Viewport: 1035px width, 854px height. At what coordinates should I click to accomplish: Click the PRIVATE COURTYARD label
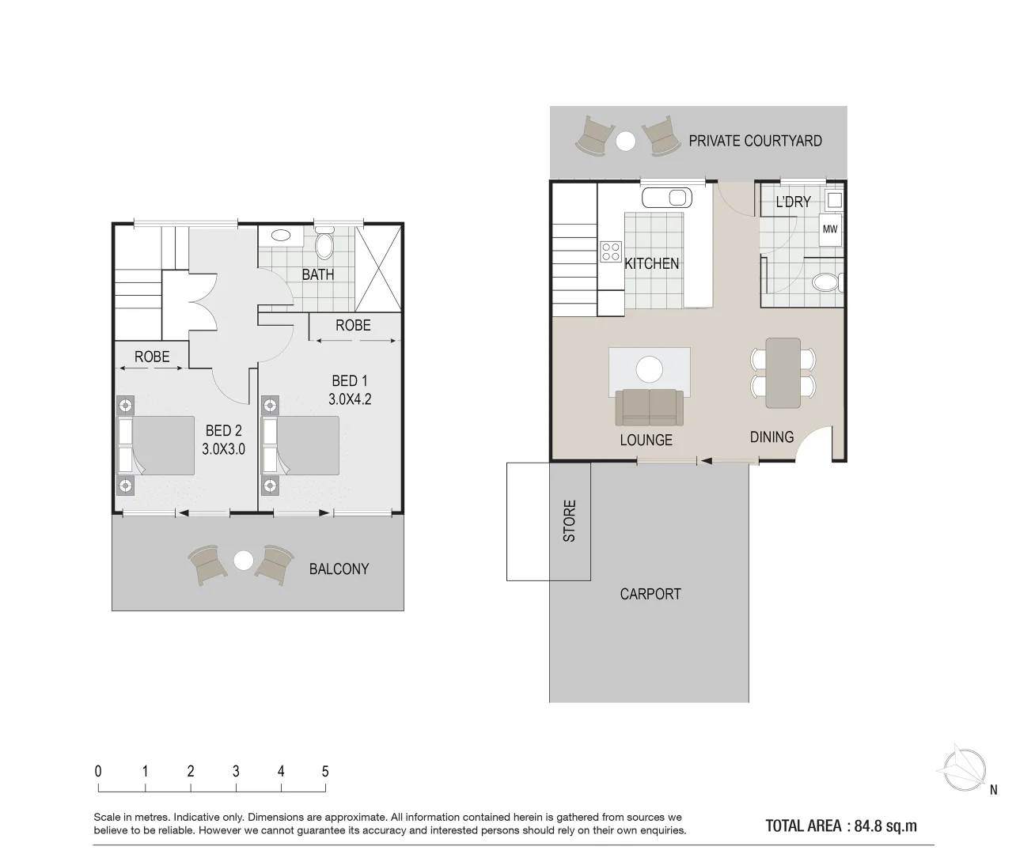pos(755,141)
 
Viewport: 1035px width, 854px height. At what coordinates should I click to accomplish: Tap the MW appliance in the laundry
pos(829,230)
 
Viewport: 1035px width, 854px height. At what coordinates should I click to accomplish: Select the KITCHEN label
pos(651,263)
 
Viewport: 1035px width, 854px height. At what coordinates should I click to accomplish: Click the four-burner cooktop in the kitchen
pos(611,251)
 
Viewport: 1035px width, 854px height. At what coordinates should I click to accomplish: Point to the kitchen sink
pos(666,198)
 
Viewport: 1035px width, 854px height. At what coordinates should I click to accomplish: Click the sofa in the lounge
pos(650,406)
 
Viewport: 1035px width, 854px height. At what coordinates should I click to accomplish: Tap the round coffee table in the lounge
pos(650,368)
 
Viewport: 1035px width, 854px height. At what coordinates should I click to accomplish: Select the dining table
pos(783,372)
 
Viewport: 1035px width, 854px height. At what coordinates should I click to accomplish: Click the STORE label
pos(570,521)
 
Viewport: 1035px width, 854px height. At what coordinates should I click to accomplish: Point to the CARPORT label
pos(650,594)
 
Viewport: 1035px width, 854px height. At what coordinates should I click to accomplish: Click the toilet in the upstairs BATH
pos(325,245)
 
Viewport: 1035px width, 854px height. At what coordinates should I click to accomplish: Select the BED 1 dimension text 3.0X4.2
pos(350,399)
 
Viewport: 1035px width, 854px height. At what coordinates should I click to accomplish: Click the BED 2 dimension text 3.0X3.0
pos(223,449)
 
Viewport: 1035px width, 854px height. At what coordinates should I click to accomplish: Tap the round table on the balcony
pos(244,561)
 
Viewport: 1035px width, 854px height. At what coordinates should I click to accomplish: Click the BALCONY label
pos(339,569)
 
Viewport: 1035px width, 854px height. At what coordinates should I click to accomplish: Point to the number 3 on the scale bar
pos(236,771)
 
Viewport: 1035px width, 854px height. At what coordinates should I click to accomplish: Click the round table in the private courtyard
pos(626,141)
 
